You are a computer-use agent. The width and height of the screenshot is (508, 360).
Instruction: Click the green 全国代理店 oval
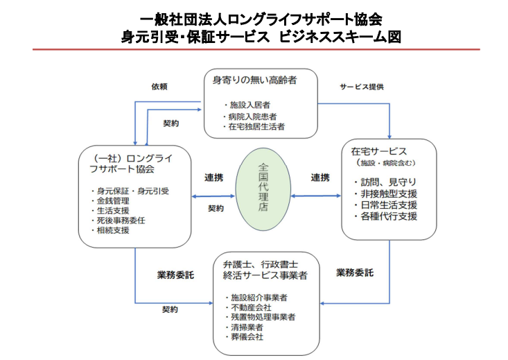[263, 188]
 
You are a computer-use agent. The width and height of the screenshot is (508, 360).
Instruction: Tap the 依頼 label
[160, 87]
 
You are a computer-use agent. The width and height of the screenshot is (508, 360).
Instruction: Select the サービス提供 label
[362, 87]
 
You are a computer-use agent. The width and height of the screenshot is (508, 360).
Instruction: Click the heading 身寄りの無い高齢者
[255, 80]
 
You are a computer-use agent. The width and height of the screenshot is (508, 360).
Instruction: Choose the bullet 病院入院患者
[253, 115]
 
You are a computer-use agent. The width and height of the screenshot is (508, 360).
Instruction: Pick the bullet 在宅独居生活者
[256, 127]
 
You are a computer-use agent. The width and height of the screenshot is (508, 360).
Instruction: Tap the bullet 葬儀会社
[249, 337]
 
